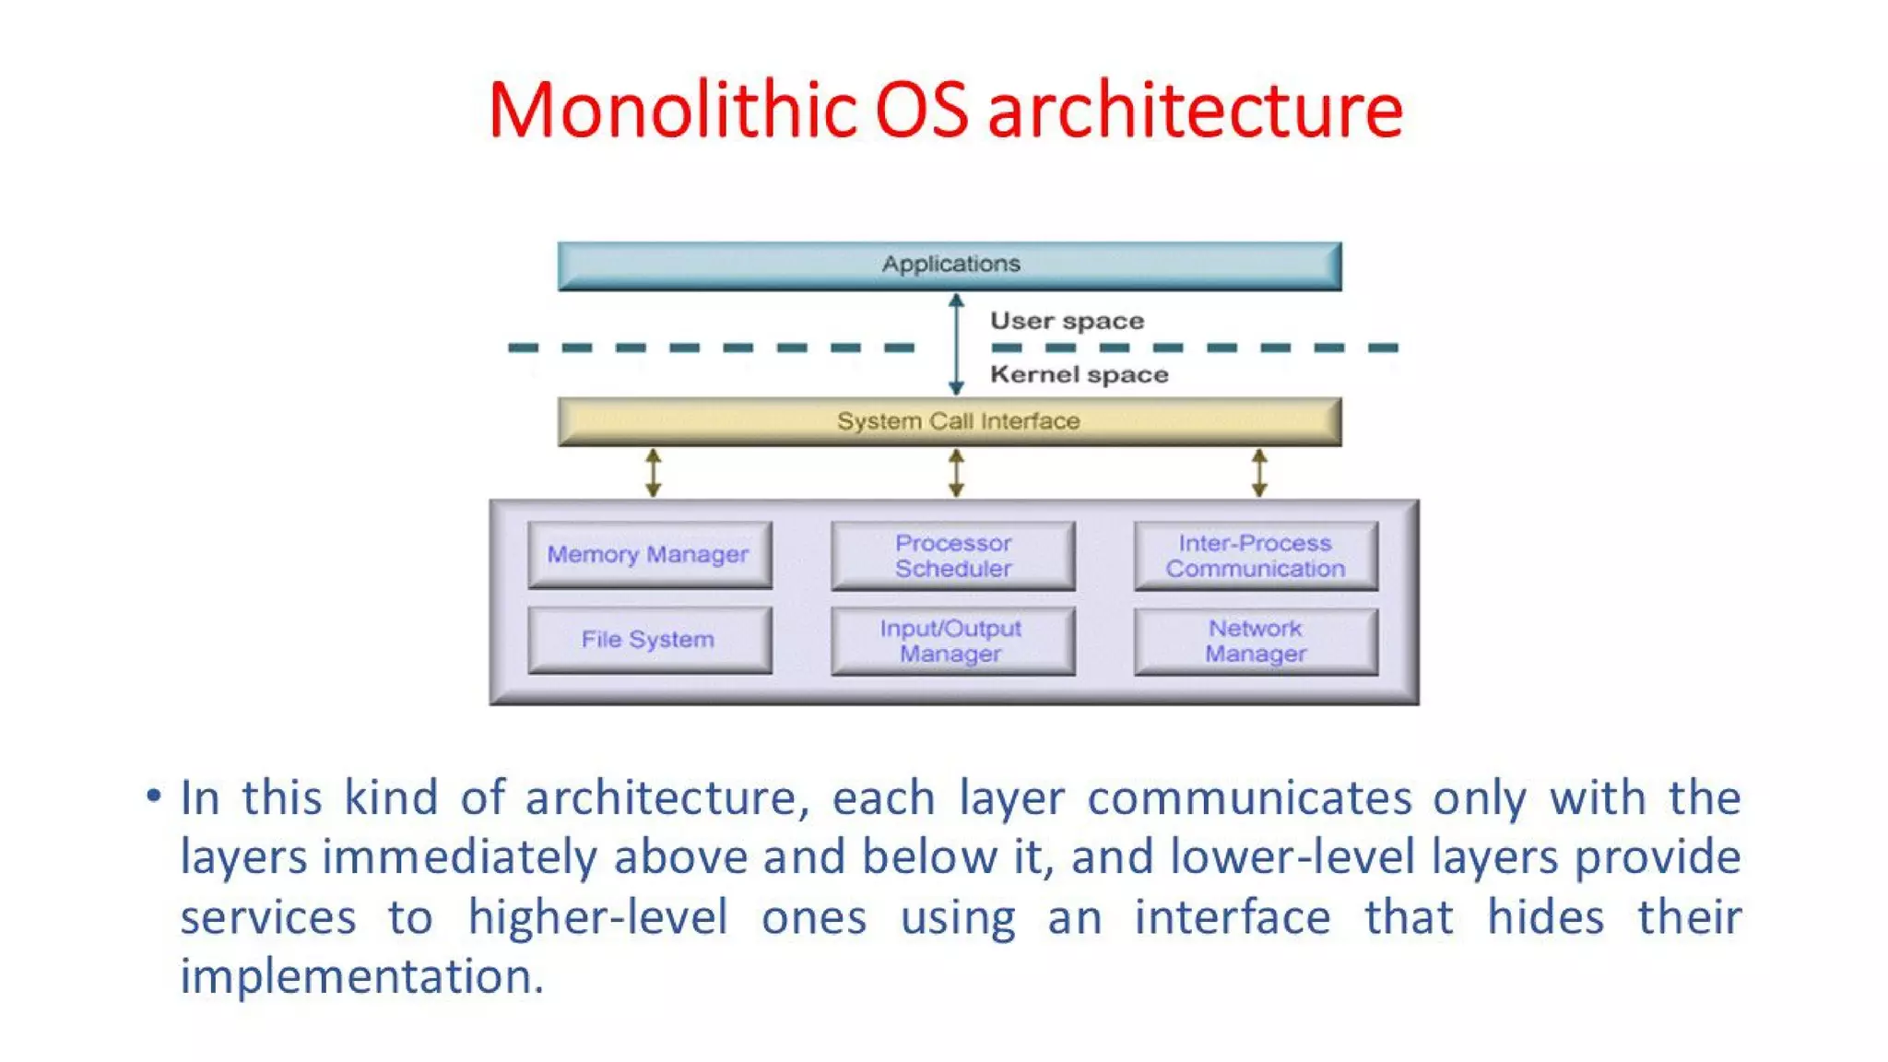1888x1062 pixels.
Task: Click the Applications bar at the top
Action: click(950, 265)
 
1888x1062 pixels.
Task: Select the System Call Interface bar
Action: click(950, 421)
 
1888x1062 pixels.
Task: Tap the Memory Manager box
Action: click(649, 555)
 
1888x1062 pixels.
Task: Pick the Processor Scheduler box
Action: click(952, 556)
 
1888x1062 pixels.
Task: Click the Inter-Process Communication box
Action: click(1256, 556)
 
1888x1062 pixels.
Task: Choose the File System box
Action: click(649, 640)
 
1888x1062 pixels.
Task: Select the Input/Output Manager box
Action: click(952, 641)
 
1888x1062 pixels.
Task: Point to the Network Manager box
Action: click(1256, 641)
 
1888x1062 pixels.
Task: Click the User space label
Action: click(1067, 321)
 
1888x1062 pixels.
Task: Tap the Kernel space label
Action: click(1079, 374)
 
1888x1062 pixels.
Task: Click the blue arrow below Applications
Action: click(956, 344)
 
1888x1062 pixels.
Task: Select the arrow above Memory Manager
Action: click(653, 473)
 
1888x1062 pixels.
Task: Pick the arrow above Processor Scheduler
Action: click(956, 473)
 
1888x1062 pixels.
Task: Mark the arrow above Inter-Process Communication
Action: click(1259, 473)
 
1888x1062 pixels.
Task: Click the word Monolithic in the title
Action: click(672, 111)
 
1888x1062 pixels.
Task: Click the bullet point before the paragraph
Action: click(154, 795)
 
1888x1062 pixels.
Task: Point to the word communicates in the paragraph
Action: click(1249, 798)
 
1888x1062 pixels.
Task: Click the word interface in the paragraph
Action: click(1232, 918)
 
